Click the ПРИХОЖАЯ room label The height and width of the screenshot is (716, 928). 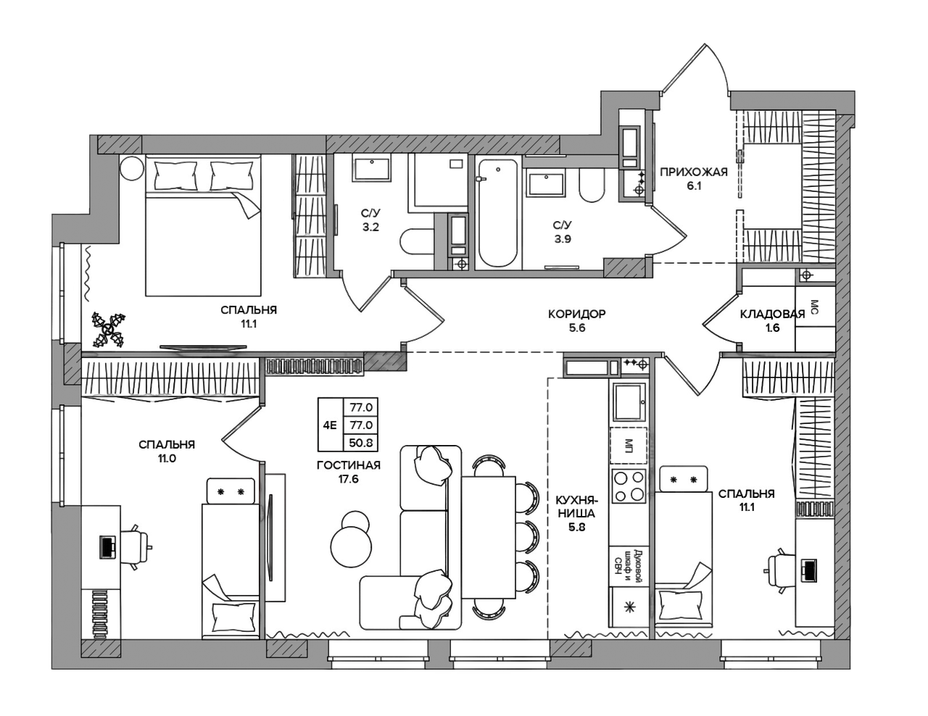(x=693, y=172)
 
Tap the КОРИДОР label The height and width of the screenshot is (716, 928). (x=576, y=314)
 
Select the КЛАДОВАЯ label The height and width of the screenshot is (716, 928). (x=772, y=314)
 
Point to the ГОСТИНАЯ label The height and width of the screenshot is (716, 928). (x=349, y=465)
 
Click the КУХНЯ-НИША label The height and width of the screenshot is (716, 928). (x=576, y=506)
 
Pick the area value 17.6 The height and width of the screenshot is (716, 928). (x=349, y=479)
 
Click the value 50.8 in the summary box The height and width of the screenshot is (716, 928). (x=361, y=443)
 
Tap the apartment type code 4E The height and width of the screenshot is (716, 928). (x=330, y=425)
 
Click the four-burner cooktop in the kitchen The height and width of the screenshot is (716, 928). (x=629, y=485)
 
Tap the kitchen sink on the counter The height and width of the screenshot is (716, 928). (x=629, y=401)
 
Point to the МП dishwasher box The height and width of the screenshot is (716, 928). (x=628, y=445)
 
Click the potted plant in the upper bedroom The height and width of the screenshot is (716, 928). (x=109, y=330)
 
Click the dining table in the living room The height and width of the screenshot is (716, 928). (x=489, y=537)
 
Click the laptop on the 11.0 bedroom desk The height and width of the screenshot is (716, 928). (x=107, y=547)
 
